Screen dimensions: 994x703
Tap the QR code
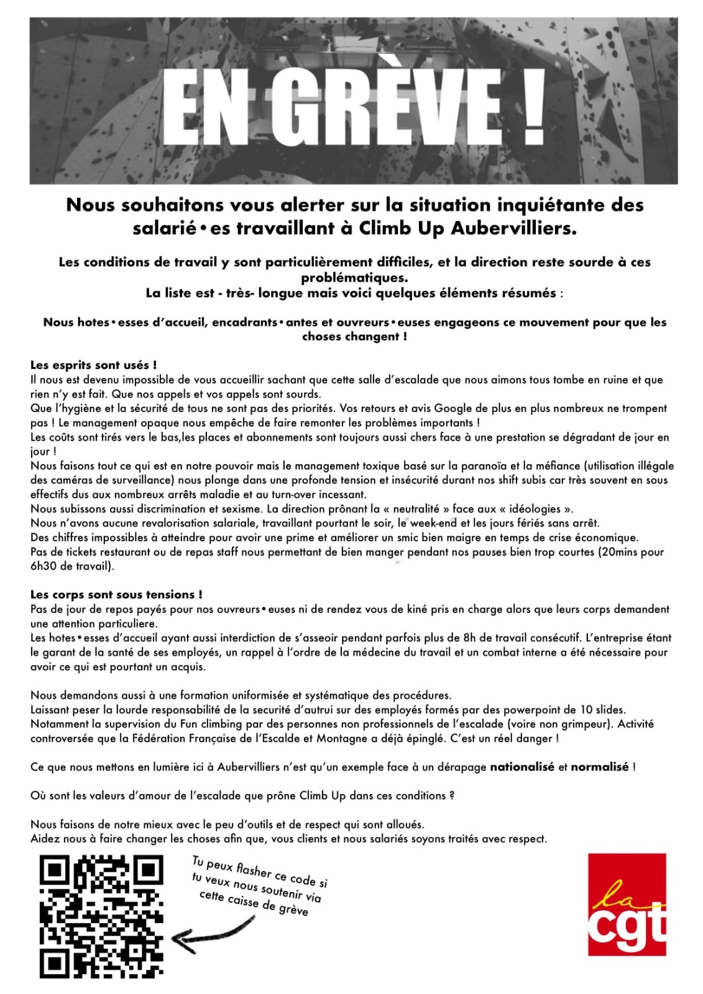pos(101,916)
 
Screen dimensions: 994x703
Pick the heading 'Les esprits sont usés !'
pos(93,365)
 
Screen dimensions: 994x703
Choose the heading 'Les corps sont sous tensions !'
pos(116,595)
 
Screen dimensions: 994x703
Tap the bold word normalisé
pos(599,767)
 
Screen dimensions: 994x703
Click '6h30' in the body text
pos(42,566)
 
